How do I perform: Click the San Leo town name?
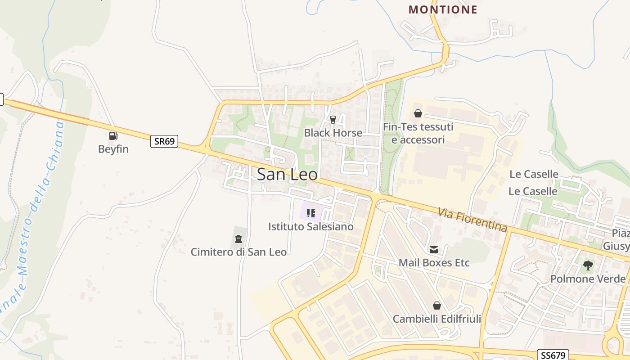(287, 175)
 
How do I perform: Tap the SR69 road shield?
(164, 141)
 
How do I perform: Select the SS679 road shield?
(553, 355)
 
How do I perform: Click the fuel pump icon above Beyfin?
(113, 135)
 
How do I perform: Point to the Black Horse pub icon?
(333, 119)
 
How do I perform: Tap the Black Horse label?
(333, 133)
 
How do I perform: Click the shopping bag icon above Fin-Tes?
(418, 113)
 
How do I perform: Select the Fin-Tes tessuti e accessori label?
(418, 133)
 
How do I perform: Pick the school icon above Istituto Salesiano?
(311, 213)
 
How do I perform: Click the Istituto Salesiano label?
(311, 226)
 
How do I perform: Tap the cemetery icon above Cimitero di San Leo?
(238, 238)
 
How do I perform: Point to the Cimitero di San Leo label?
(238, 252)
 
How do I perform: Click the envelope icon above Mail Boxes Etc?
(434, 249)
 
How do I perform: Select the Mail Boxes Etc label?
(434, 262)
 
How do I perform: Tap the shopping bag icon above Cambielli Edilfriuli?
(436, 306)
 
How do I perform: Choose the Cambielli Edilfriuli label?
(437, 319)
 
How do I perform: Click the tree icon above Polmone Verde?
(588, 265)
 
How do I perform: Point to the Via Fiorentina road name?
(473, 219)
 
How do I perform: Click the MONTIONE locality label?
(443, 9)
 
